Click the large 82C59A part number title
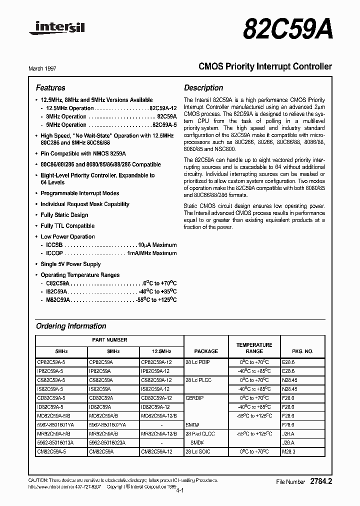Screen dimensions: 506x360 point(287,29)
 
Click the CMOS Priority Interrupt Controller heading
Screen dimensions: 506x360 point(258,66)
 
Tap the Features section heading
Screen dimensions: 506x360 point(50,87)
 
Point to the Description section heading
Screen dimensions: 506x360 point(203,87)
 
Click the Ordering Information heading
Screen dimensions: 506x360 point(71,326)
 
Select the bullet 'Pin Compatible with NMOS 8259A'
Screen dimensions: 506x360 point(83,153)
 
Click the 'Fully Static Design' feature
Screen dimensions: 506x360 point(64,215)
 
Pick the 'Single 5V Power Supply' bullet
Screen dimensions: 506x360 point(70,264)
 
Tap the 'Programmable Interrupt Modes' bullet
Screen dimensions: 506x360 point(79,193)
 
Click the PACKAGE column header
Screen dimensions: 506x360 point(206,351)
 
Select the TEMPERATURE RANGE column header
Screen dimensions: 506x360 point(254,348)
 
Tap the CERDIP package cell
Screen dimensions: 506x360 point(194,398)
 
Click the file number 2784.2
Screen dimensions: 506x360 point(320,481)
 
